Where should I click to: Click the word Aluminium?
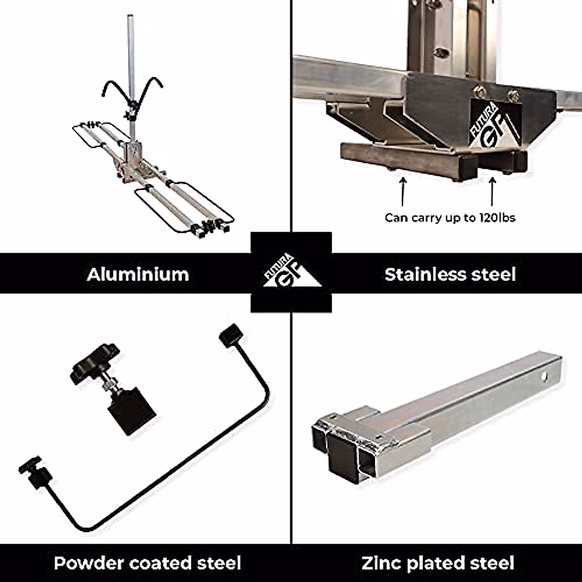[x=138, y=275]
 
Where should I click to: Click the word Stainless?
[x=424, y=275]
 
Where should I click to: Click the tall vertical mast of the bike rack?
[x=130, y=73]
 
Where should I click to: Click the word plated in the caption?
[x=437, y=563]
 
